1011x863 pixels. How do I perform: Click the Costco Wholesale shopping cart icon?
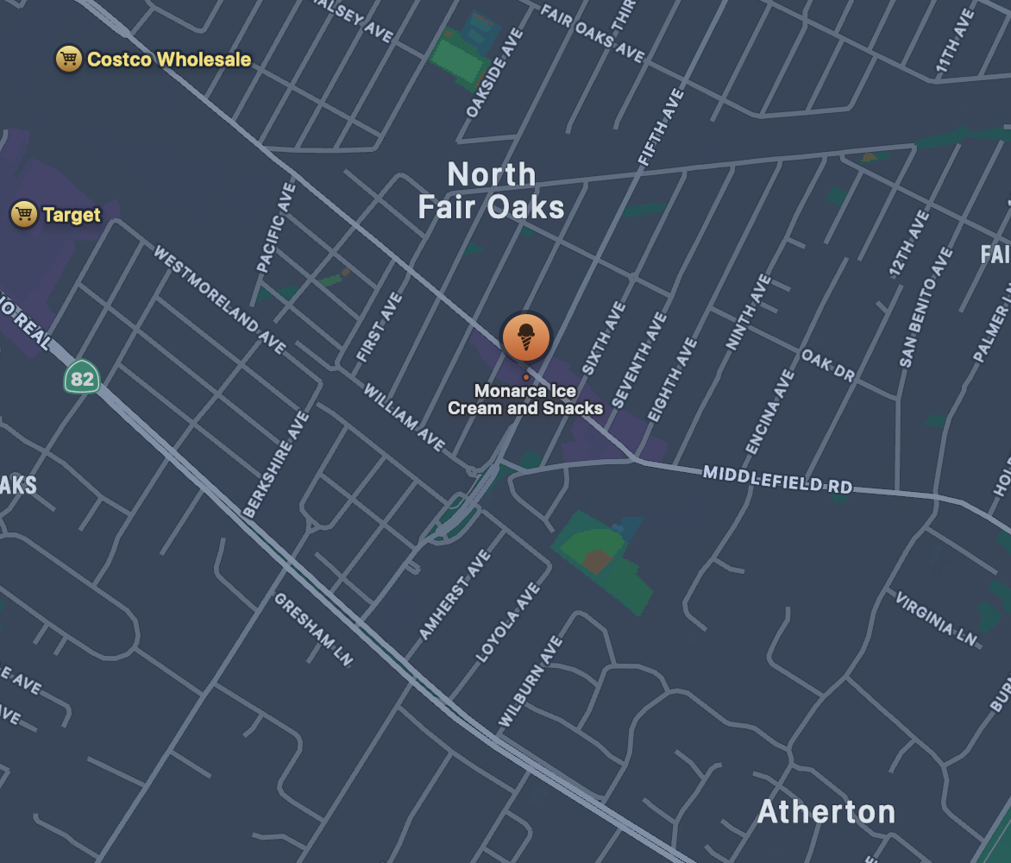(68, 60)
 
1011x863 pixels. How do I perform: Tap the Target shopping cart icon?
(23, 214)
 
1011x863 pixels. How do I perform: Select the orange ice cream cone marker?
(525, 337)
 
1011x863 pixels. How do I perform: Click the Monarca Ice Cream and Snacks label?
(524, 400)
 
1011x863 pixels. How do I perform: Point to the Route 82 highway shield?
(82, 378)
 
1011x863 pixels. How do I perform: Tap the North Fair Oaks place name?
(491, 192)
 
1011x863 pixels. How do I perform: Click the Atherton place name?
(826, 812)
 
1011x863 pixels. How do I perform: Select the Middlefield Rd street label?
(777, 480)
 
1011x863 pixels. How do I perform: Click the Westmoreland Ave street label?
(219, 299)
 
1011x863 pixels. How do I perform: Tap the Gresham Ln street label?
(314, 629)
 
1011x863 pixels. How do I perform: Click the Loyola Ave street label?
(509, 622)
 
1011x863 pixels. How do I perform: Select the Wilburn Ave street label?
(531, 682)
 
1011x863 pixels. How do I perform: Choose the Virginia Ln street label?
(936, 619)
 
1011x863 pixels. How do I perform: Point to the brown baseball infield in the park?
(597, 561)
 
